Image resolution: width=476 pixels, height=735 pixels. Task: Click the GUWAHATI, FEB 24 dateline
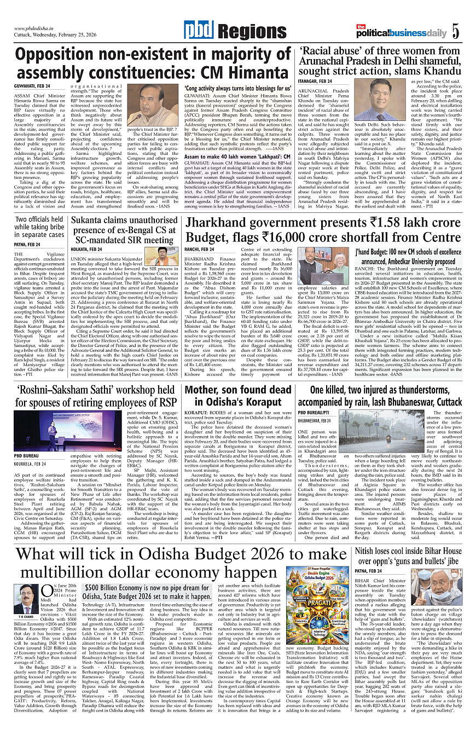pyautogui.click(x=33, y=86)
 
